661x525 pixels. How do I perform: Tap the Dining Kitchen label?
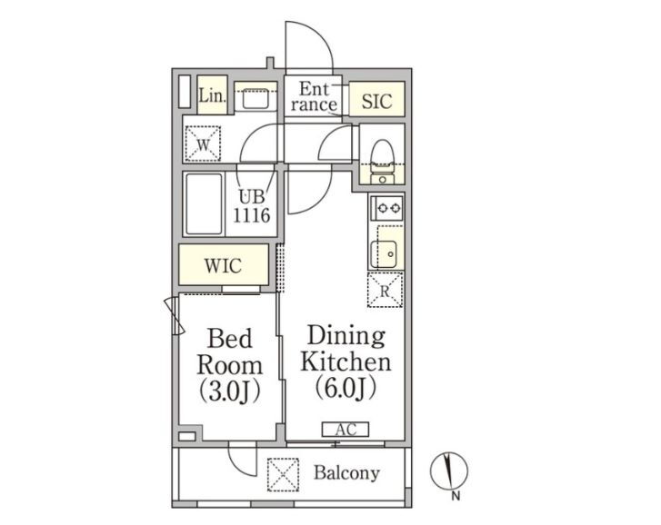346,362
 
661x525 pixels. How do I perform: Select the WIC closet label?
223,266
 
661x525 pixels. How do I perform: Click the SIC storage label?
376,101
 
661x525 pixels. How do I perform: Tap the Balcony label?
346,473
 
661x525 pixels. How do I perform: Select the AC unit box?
345,430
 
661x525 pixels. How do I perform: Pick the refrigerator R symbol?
386,291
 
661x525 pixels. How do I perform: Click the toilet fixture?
382,154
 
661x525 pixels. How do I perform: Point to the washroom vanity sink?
255,95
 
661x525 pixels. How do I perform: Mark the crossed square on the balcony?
284,473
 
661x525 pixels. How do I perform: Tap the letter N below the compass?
456,497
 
